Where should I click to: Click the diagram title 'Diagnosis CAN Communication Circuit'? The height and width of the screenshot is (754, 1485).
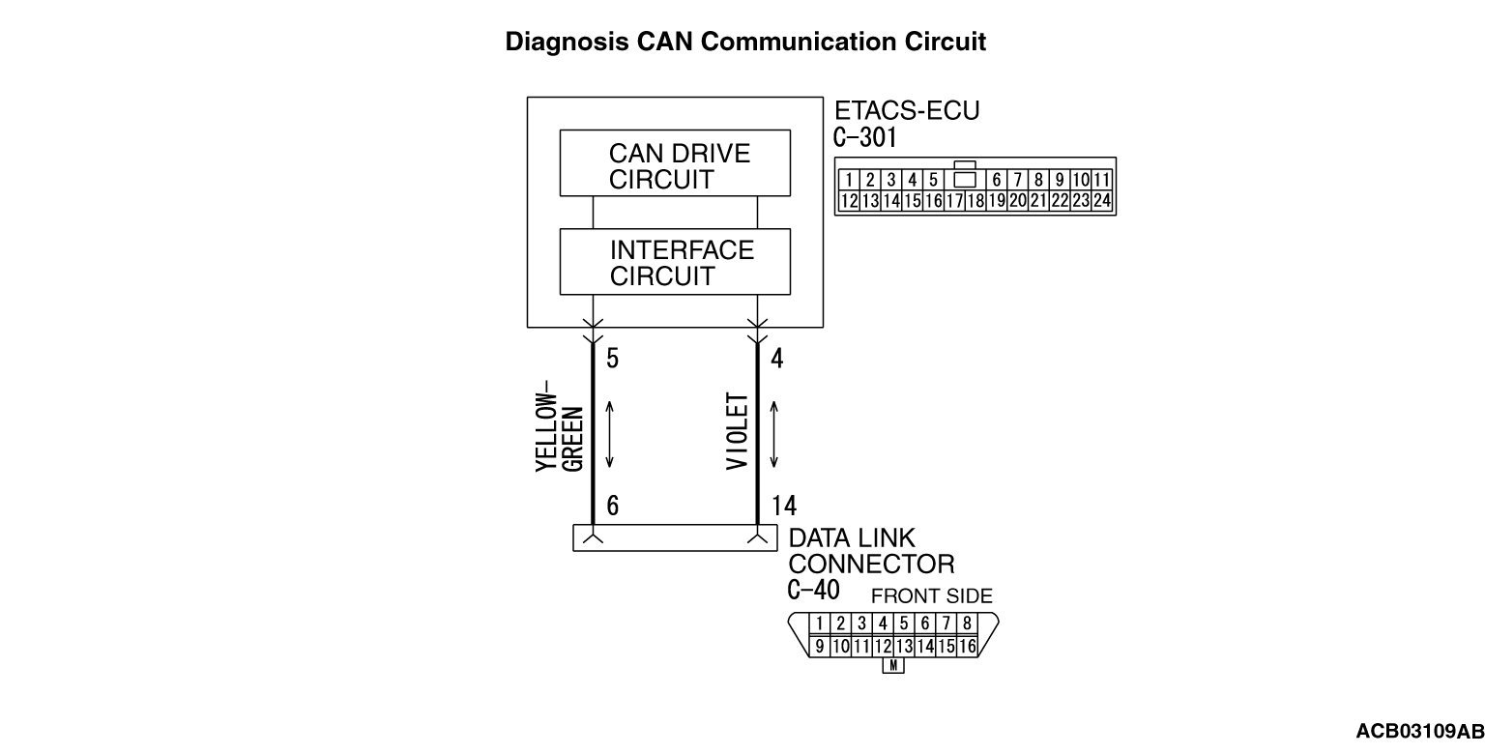click(x=745, y=43)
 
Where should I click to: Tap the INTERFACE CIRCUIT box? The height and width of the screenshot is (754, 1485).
click(x=675, y=262)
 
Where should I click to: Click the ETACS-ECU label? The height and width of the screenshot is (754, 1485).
click(x=906, y=111)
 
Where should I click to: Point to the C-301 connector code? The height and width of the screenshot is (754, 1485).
click(x=864, y=137)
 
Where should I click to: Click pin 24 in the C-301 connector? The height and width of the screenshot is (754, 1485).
click(x=1102, y=201)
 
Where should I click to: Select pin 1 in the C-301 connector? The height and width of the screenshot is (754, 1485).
click(x=848, y=180)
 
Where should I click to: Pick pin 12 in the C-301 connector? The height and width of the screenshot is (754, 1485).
click(x=849, y=201)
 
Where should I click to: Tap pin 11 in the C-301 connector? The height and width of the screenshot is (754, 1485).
click(x=1102, y=180)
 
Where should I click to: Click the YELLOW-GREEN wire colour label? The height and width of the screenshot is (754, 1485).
click(x=560, y=432)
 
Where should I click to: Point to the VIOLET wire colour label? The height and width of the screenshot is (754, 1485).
click(x=738, y=431)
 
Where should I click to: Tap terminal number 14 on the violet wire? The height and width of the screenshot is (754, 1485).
click(x=784, y=506)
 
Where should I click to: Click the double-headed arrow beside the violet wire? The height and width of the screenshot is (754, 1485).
click(x=774, y=432)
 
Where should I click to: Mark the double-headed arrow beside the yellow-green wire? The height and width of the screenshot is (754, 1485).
click(x=610, y=432)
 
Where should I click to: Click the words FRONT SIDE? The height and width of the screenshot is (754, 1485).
click(x=931, y=596)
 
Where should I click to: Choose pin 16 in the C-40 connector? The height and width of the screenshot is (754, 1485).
click(x=967, y=647)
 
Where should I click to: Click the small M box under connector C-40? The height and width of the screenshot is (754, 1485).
click(x=894, y=666)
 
